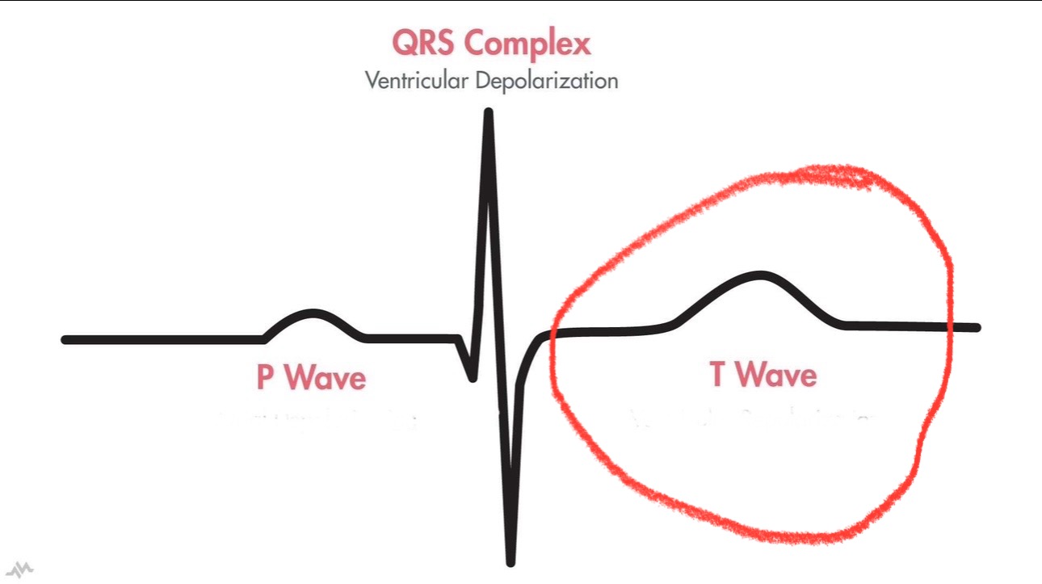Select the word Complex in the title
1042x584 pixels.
pos(528,44)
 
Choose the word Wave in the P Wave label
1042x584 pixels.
pos(326,377)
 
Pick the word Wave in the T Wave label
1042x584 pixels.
pos(777,374)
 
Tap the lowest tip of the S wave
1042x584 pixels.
pos(510,561)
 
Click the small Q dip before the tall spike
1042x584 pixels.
pos(472,376)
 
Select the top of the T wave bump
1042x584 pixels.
pos(761,275)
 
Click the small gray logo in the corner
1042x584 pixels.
pos(23,569)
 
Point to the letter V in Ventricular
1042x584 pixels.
pos(371,81)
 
